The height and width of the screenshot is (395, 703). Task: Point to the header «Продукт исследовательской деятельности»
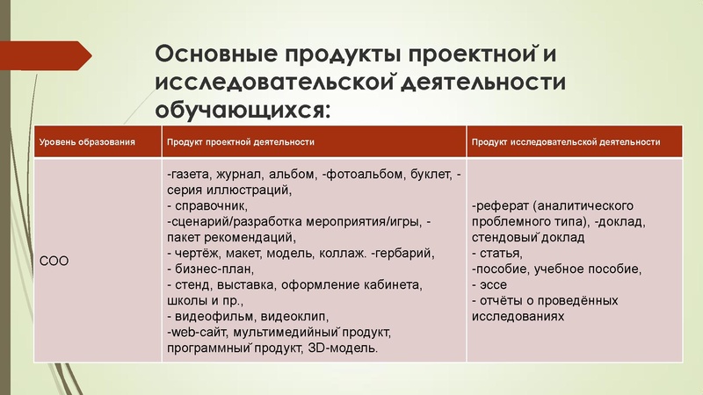(x=565, y=141)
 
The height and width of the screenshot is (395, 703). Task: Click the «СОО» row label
(x=55, y=261)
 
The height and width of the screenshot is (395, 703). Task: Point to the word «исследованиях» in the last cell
(x=518, y=317)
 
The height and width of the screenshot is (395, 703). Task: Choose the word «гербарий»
(x=403, y=254)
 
